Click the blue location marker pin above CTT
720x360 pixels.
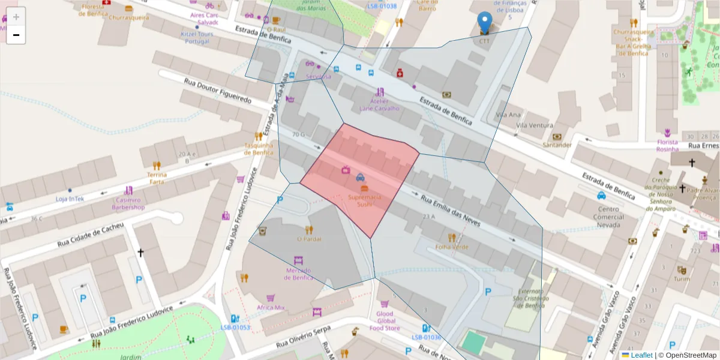click(484, 23)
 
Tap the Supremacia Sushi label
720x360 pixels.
click(364, 200)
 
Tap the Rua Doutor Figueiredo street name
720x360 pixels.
click(217, 91)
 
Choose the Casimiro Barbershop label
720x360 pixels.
click(128, 203)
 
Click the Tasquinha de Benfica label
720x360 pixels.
click(259, 148)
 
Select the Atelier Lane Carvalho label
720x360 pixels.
click(379, 105)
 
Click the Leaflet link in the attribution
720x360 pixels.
click(641, 355)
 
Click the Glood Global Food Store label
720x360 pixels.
click(385, 321)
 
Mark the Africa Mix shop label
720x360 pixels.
click(271, 307)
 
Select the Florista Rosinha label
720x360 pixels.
click(667, 145)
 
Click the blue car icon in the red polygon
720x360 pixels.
click(360, 177)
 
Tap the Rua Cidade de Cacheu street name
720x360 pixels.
click(91, 235)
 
